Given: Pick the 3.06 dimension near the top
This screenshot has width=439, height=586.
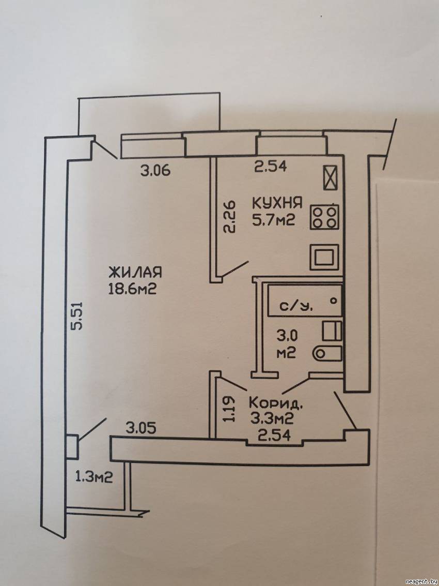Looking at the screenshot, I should [155, 170].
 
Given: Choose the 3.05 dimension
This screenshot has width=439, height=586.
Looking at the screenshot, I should [141, 427].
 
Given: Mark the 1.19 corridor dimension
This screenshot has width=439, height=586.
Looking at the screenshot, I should [230, 410].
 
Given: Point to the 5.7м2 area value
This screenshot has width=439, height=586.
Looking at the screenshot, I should [273, 220].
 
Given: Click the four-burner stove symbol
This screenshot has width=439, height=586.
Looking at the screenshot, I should [324, 218].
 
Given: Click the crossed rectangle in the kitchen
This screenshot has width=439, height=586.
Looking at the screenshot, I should [331, 178].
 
